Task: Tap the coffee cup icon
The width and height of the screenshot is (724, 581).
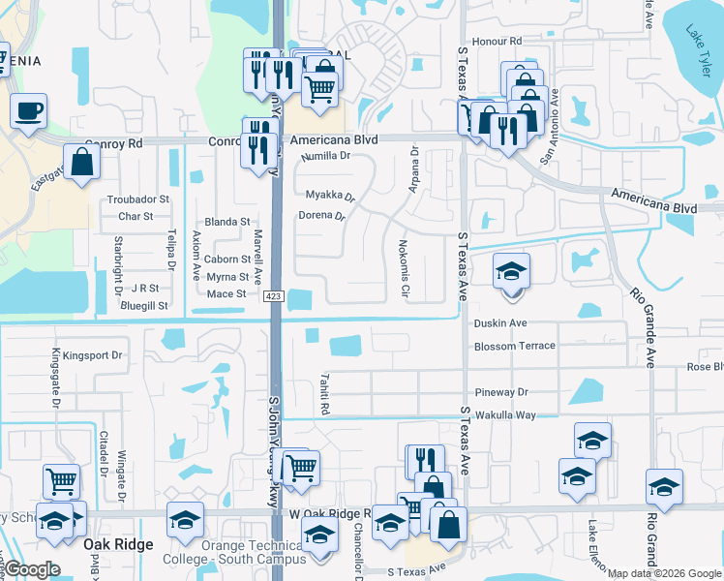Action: tap(28, 109)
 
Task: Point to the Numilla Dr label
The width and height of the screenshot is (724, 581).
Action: tap(325, 156)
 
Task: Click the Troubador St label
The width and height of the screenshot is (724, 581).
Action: tap(137, 199)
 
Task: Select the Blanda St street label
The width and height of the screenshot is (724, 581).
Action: tap(227, 222)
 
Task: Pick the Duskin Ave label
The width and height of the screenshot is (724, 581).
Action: tap(500, 323)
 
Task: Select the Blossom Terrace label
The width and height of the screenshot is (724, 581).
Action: tap(515, 346)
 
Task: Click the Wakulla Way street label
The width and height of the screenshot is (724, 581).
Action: tap(504, 414)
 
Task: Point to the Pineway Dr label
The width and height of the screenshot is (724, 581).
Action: tap(501, 392)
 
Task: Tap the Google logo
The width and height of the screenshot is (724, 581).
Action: tap(33, 569)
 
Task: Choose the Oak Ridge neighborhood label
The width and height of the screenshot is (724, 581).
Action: tap(118, 544)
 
